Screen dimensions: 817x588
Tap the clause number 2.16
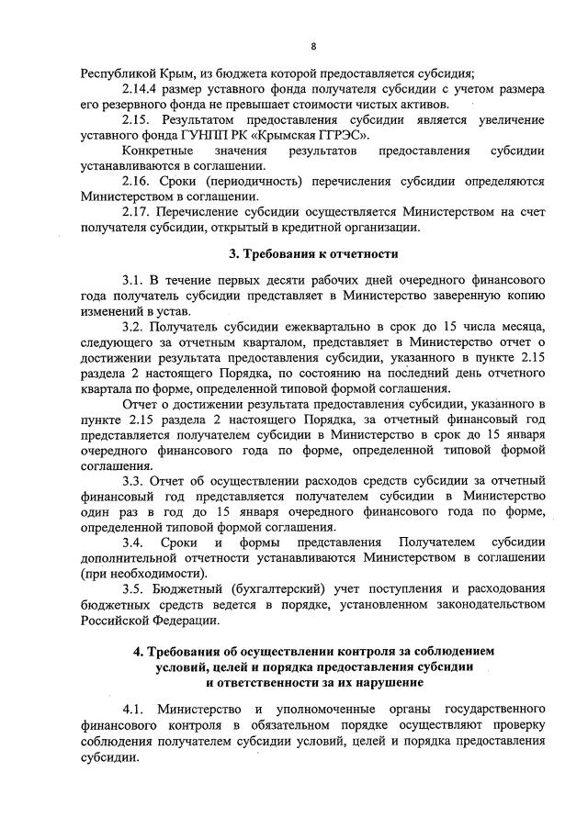pos(136,182)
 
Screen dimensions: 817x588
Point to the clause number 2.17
pos(136,212)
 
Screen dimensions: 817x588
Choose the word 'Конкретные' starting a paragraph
pos(157,151)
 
